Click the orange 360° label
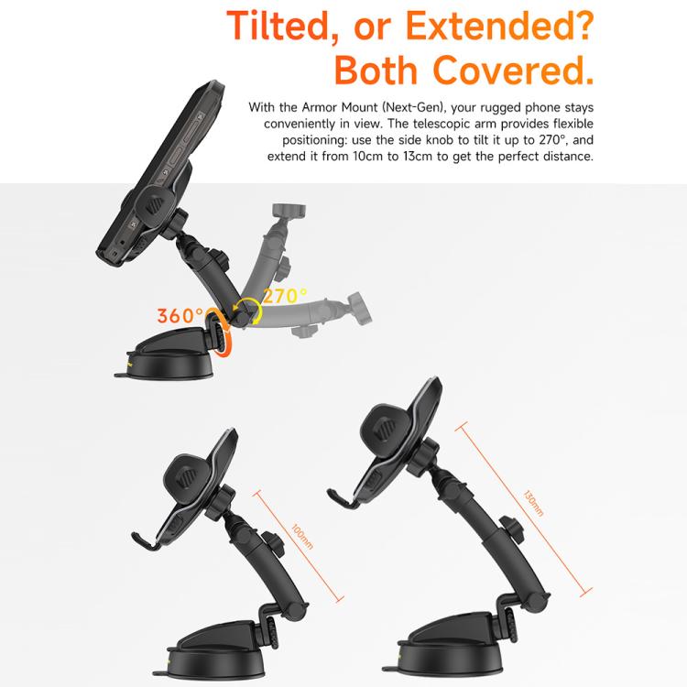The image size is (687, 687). pyautogui.click(x=180, y=316)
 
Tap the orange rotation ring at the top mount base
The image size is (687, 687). pyautogui.click(x=223, y=333)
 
